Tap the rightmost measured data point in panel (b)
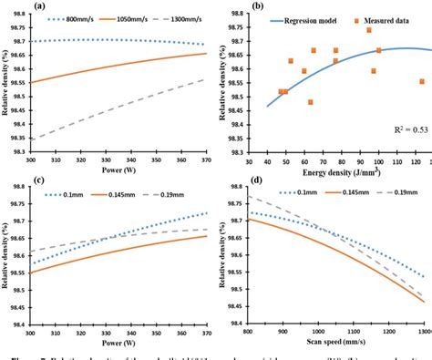click(422, 81)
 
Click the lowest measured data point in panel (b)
click(310, 102)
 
